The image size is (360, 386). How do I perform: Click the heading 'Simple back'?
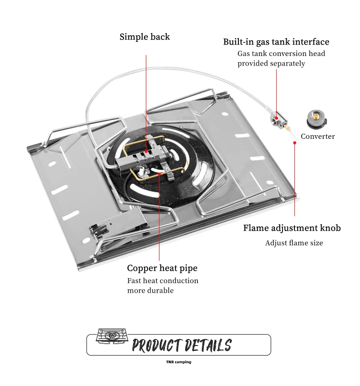click(x=144, y=37)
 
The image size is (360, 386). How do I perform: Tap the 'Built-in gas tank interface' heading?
click(x=276, y=42)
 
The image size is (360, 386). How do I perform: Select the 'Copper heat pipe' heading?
click(x=162, y=268)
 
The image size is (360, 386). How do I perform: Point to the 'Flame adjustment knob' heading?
click(x=292, y=228)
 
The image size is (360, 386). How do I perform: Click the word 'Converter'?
click(x=318, y=137)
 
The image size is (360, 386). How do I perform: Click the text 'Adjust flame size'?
click(x=294, y=243)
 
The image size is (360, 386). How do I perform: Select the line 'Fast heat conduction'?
click(x=163, y=281)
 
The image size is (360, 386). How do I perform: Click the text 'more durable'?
click(x=150, y=290)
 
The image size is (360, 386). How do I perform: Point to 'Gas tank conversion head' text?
click(x=281, y=54)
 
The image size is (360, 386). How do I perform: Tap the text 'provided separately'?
click(x=271, y=64)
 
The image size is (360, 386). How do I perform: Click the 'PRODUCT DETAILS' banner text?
click(x=181, y=345)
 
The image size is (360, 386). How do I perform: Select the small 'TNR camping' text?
click(x=179, y=362)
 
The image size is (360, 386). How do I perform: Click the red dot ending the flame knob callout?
click(x=295, y=143)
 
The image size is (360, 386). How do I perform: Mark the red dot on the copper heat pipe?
click(x=159, y=173)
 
